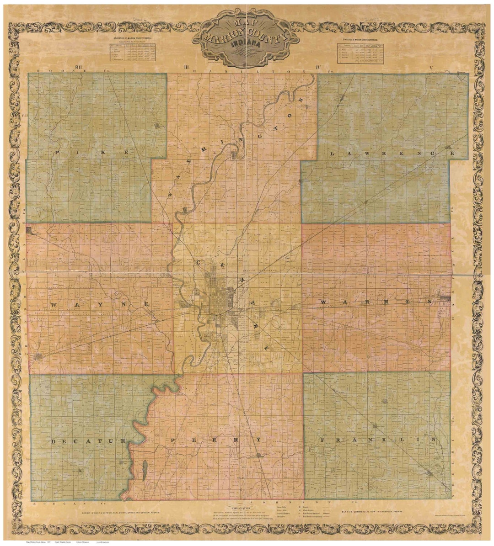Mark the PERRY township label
click(215, 440)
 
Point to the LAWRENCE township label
click(392, 154)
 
